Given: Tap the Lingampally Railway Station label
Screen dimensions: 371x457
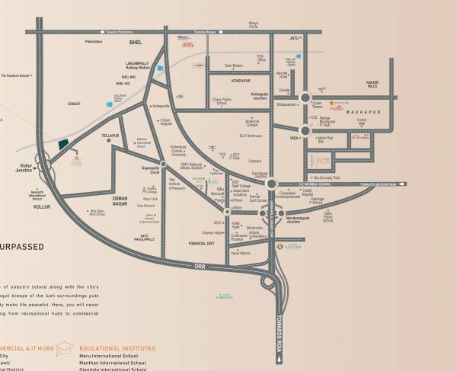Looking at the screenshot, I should click(140, 66).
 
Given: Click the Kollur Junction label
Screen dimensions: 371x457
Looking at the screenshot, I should click(22, 166).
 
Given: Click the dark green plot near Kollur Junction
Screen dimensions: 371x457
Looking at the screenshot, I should click(63, 146).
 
